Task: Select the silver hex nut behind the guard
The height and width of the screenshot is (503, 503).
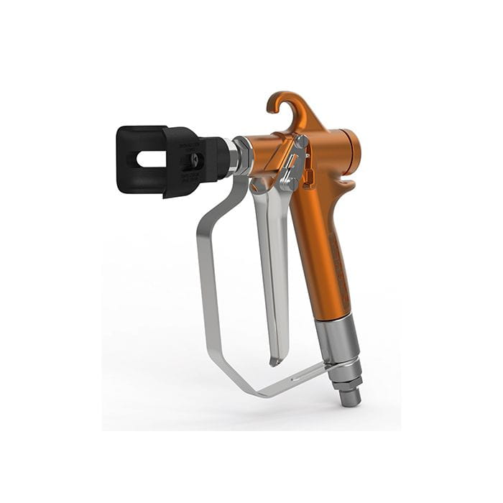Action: click(x=242, y=155)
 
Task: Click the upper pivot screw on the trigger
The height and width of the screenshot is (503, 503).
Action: click(x=300, y=143)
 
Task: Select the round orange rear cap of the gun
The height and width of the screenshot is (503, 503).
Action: click(x=351, y=155)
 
